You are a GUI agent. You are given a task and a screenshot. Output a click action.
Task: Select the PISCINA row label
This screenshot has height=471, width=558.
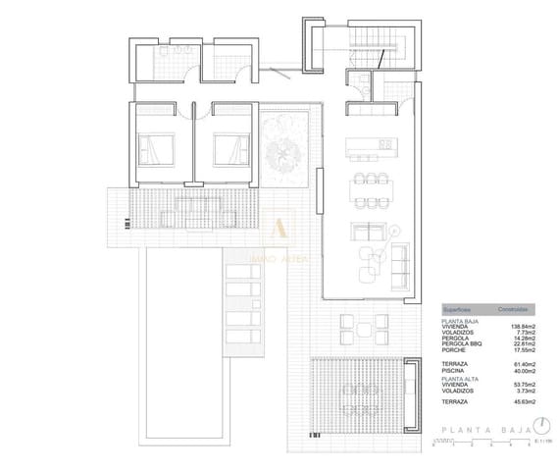point(457,371)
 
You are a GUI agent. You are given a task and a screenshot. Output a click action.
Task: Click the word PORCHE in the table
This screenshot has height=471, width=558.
point(456,350)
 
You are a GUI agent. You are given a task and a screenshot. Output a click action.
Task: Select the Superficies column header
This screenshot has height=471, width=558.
point(458,307)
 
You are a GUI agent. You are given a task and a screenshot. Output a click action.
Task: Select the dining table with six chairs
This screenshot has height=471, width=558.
point(371,185)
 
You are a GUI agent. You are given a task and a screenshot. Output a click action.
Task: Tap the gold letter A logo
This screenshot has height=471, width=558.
point(280,227)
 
